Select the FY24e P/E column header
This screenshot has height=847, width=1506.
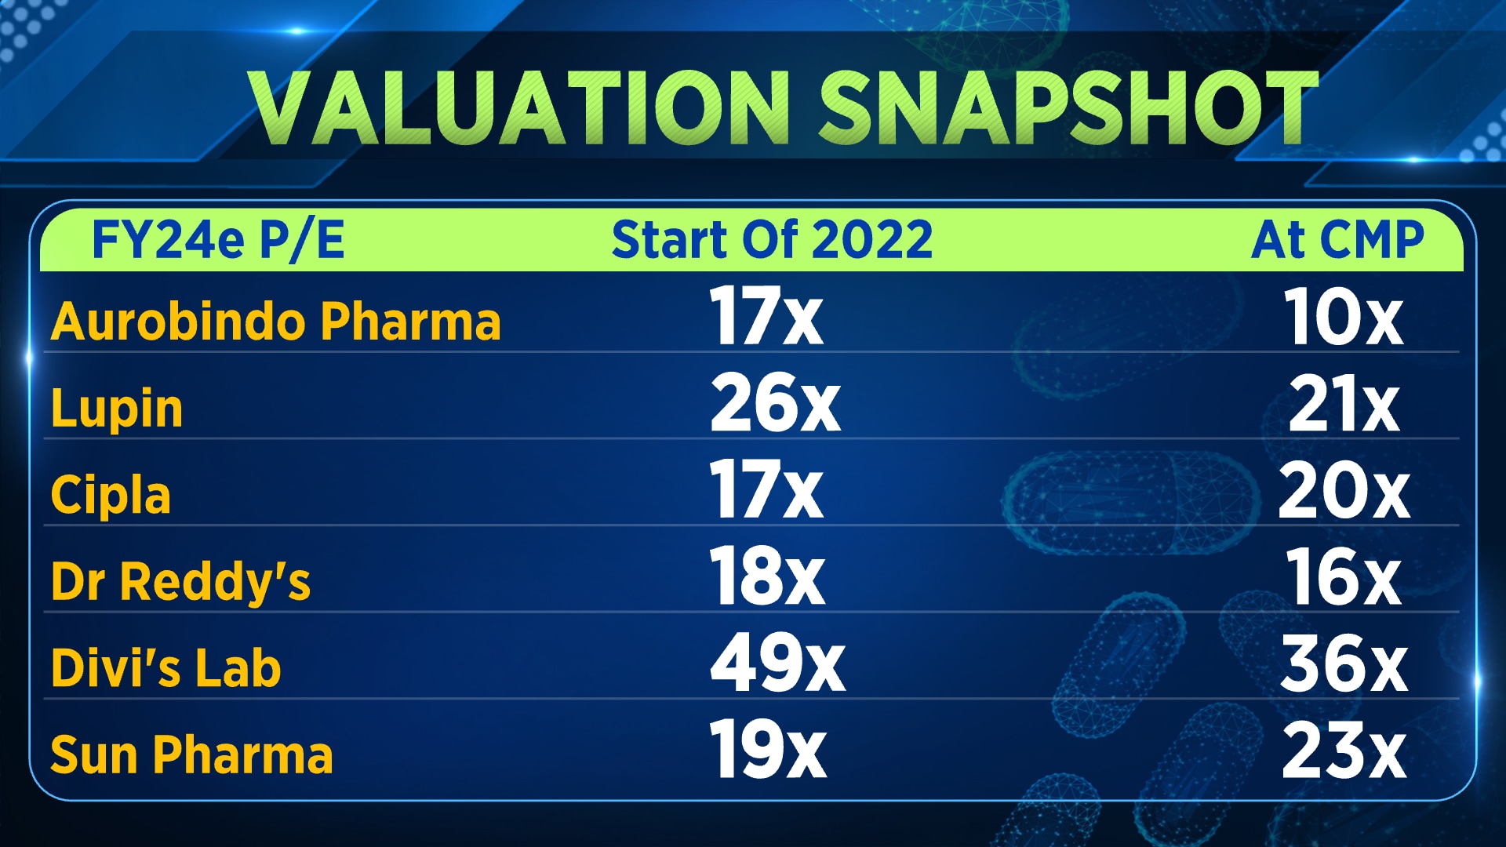coord(218,239)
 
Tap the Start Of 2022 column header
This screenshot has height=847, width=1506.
coord(772,239)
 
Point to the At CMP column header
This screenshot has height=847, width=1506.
coord(1337,239)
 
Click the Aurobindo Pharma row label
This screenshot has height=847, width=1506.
coord(275,322)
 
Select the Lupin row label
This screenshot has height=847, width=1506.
coord(117,409)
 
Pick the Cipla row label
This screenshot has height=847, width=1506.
coord(111,496)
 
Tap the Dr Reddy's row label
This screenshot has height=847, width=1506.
coord(180,582)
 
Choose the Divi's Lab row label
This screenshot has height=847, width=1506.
coord(166,668)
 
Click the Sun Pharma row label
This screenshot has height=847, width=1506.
coord(191,754)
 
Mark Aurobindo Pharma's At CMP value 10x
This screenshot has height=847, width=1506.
coord(1343,317)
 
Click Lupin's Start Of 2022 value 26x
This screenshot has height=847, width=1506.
coord(775,403)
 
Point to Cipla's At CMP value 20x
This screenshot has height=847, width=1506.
coord(1344,491)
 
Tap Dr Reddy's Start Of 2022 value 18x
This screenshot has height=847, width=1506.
coord(767,577)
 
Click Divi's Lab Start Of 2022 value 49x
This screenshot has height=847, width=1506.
coord(777,664)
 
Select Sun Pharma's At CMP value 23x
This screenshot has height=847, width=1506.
coord(1344,751)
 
